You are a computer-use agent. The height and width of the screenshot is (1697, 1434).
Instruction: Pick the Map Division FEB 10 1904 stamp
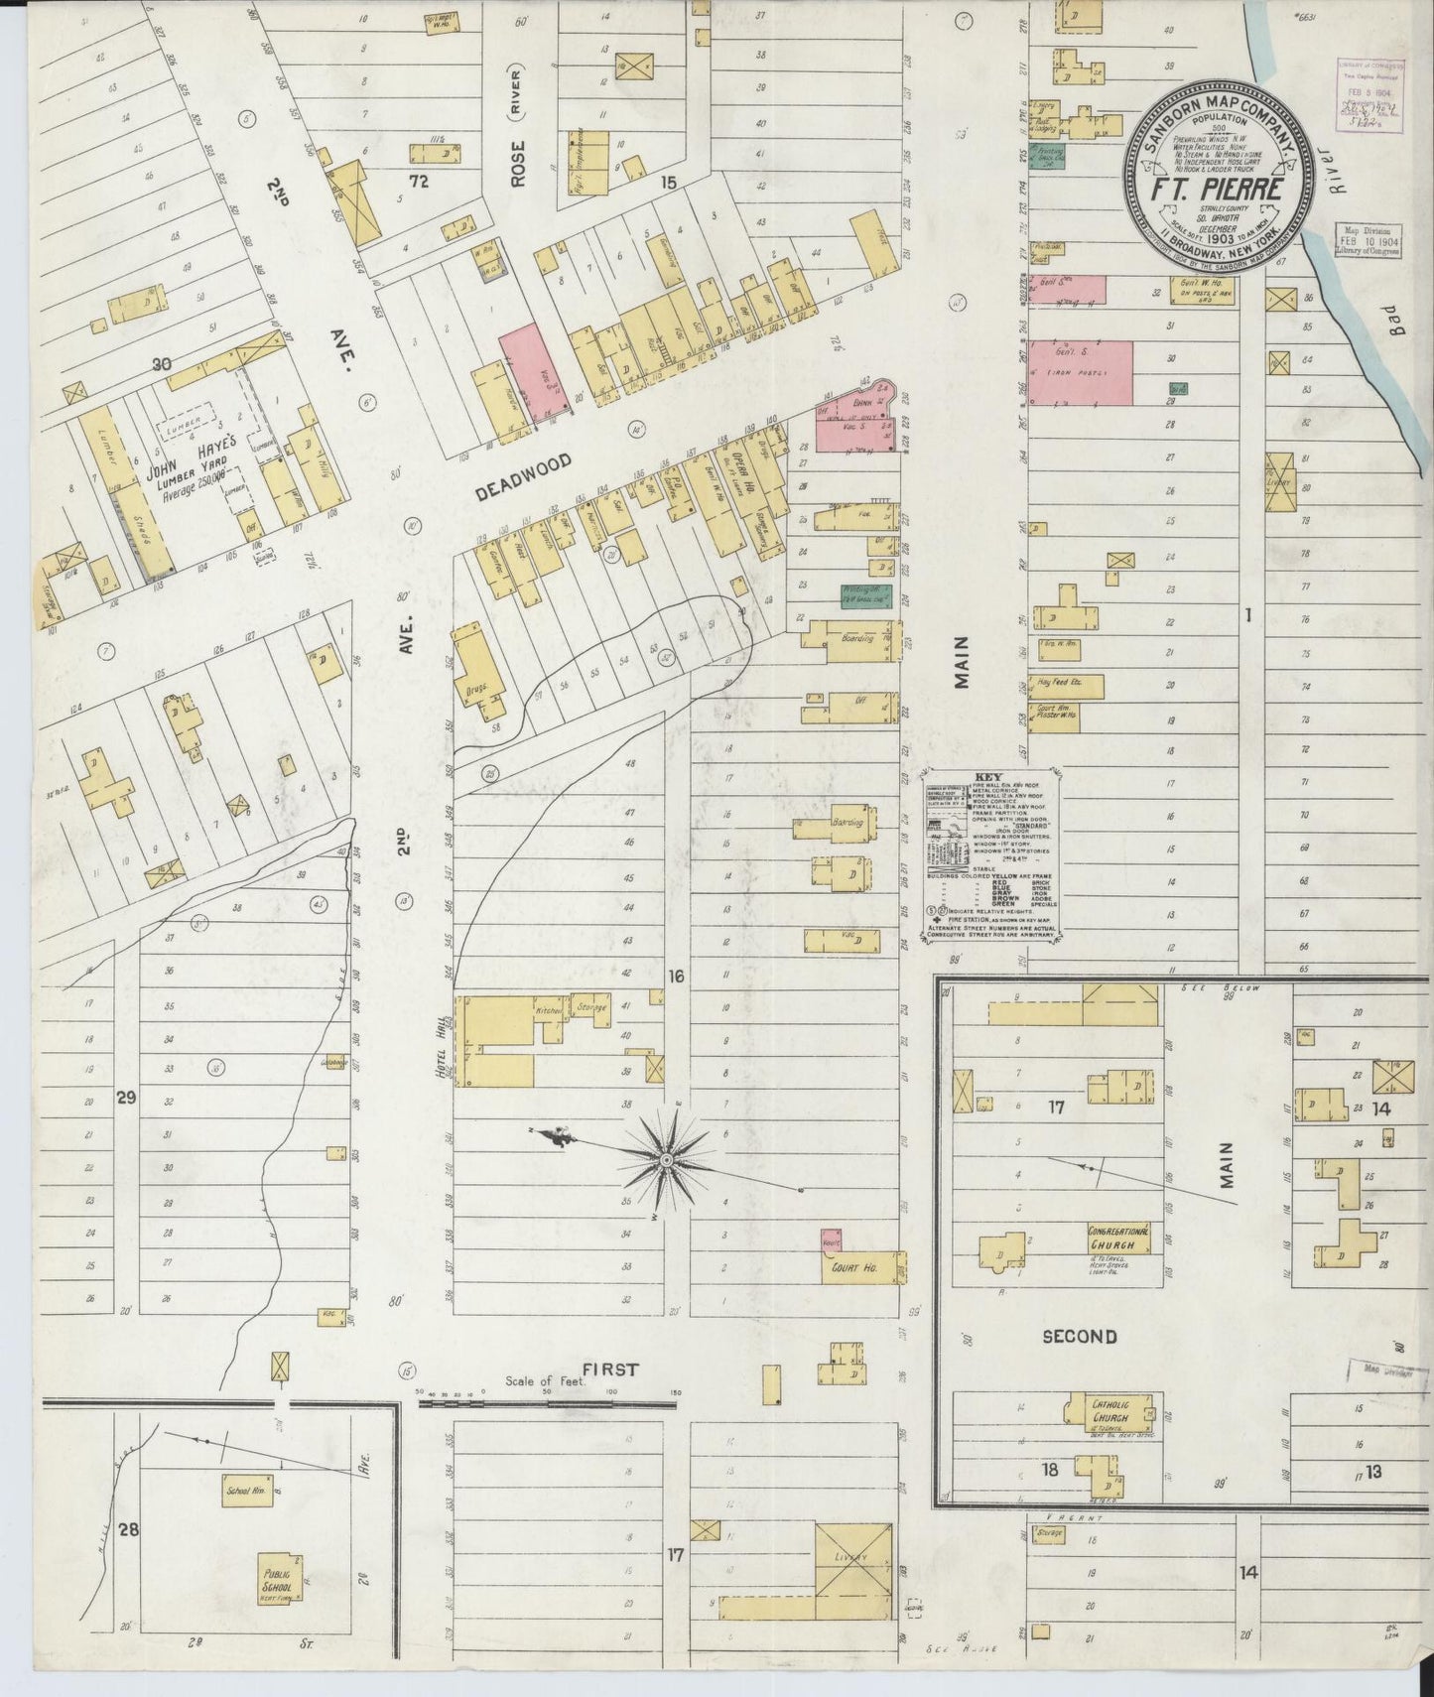point(1367,239)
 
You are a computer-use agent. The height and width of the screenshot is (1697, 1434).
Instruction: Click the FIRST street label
point(610,1370)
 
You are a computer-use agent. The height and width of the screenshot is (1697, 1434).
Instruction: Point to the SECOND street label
point(1080,1337)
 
